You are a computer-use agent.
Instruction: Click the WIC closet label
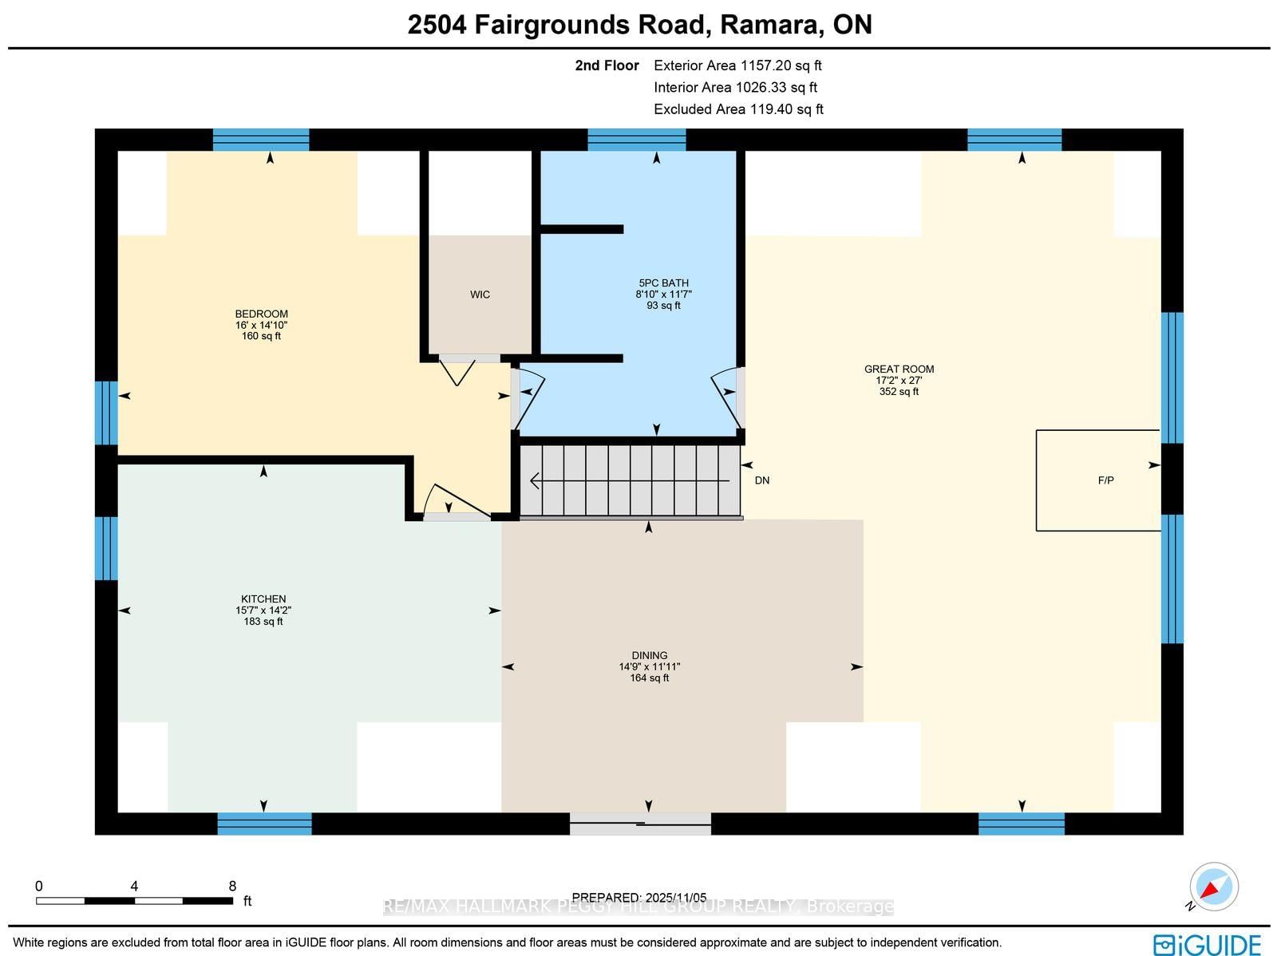pos(480,294)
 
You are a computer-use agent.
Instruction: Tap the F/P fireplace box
pos(1098,480)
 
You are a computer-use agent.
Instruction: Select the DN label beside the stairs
pos(762,480)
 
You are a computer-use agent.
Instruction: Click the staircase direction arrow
pos(630,481)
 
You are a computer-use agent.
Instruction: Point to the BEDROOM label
pos(261,314)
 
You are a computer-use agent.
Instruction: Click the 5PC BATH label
pos(663,283)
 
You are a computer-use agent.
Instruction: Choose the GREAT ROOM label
pos(899,369)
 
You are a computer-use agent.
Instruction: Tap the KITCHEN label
pos(263,599)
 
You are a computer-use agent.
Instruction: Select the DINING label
pos(649,655)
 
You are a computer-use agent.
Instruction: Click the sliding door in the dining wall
pos(640,824)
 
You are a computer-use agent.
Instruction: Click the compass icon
pos(1214,887)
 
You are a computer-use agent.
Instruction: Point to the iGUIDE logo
pos(1207,944)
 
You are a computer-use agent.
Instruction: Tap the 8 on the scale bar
pos(232,886)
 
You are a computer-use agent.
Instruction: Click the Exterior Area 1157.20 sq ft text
pos(737,65)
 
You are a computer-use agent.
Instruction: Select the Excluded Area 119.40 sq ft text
pos(738,109)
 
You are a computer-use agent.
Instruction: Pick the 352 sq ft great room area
pos(899,392)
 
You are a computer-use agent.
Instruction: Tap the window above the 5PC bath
pos(636,140)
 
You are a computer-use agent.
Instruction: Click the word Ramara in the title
pos(770,25)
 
